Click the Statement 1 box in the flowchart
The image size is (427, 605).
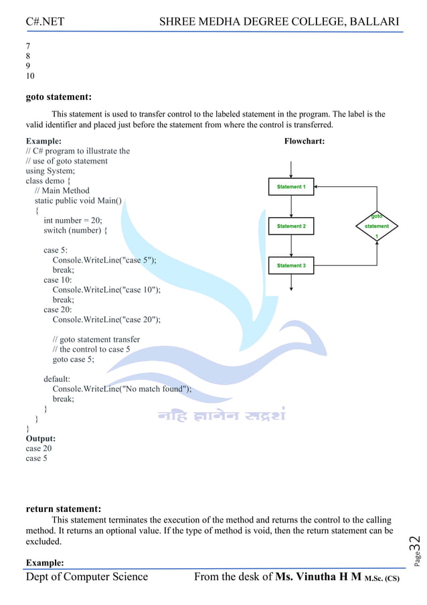click(291, 187)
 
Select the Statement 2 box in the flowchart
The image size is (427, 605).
click(291, 226)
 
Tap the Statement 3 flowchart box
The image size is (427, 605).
click(291, 266)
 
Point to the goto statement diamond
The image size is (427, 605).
click(377, 226)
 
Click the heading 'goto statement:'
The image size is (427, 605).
click(59, 97)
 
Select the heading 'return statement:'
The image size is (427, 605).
click(63, 509)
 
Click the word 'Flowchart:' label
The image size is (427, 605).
click(305, 141)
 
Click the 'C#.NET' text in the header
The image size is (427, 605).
click(45, 22)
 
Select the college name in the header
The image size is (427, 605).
click(279, 22)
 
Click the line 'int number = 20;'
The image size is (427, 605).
click(73, 220)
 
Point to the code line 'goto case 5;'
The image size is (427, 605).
click(74, 359)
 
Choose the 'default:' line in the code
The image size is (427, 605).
click(57, 379)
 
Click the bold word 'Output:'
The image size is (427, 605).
click(41, 439)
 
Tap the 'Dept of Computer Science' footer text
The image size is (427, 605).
click(87, 577)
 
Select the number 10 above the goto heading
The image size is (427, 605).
click(30, 76)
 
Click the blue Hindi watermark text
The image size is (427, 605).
click(222, 415)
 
